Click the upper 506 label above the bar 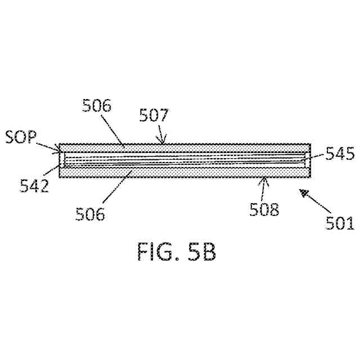coord(97,106)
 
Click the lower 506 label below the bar coord(91,214)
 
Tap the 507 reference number coord(154,116)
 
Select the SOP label coord(20,137)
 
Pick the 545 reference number coord(340,154)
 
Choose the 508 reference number coord(264,209)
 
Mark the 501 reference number coord(340,223)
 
